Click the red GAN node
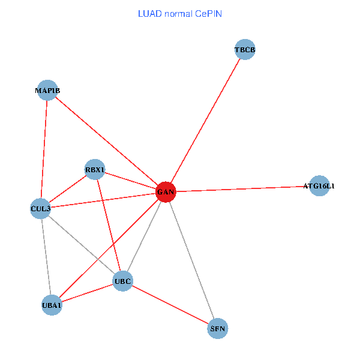(166, 192)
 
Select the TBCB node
(245, 49)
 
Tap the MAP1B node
(47, 90)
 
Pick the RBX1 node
(95, 169)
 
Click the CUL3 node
(41, 208)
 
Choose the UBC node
(123, 281)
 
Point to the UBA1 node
(52, 305)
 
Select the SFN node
(218, 328)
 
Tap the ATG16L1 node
(319, 186)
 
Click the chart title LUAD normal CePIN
(180, 14)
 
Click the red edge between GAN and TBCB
(205, 121)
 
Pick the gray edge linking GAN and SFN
(192, 260)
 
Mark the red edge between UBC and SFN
(170, 305)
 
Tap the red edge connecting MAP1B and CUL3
(44, 149)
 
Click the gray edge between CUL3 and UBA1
(46, 257)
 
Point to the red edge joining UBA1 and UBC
(87, 293)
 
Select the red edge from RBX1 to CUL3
(68, 189)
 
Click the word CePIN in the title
(208, 14)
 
